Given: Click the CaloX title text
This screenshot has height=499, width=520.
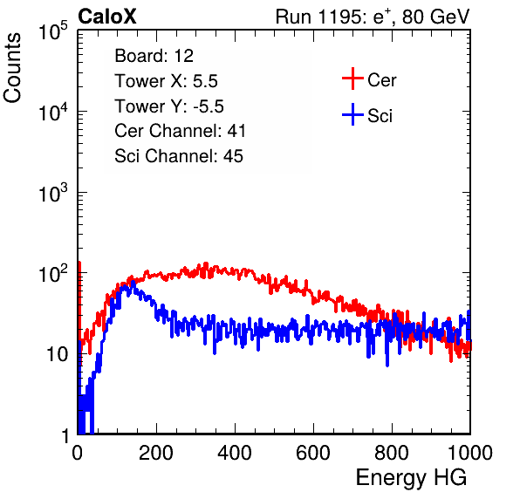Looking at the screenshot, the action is click(107, 17).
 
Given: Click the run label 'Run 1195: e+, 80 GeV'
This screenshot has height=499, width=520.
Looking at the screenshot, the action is click(373, 17).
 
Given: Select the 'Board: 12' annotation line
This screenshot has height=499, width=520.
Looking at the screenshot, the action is click(154, 56).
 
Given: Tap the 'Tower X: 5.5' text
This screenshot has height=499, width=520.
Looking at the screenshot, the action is click(166, 81).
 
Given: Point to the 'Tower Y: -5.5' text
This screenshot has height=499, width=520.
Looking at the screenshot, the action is click(169, 106).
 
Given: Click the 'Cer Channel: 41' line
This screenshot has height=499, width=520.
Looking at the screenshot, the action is click(180, 131).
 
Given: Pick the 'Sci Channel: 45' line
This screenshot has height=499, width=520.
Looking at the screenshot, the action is click(179, 156).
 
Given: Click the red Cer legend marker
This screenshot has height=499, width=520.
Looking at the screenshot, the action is click(352, 79).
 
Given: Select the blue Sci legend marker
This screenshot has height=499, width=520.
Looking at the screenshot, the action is click(352, 114).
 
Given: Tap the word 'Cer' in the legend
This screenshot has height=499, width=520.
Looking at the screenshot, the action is click(381, 80).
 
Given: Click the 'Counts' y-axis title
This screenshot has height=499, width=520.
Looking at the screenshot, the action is click(12, 68).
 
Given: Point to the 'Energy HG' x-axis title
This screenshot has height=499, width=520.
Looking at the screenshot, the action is click(411, 478).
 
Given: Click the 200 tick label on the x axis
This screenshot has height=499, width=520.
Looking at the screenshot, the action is click(156, 453).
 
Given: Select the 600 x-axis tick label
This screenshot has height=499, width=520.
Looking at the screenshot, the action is click(313, 453).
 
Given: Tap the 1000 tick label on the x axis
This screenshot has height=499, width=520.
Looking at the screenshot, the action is click(470, 453).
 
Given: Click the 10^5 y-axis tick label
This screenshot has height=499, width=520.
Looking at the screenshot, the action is click(53, 31).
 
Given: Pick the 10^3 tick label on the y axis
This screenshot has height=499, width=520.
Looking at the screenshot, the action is click(53, 193).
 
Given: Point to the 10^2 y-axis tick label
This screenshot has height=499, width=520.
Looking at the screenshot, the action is click(53, 274).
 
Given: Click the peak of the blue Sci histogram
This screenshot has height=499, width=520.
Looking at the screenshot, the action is click(133, 282).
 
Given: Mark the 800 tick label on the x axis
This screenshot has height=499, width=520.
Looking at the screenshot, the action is click(392, 453).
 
